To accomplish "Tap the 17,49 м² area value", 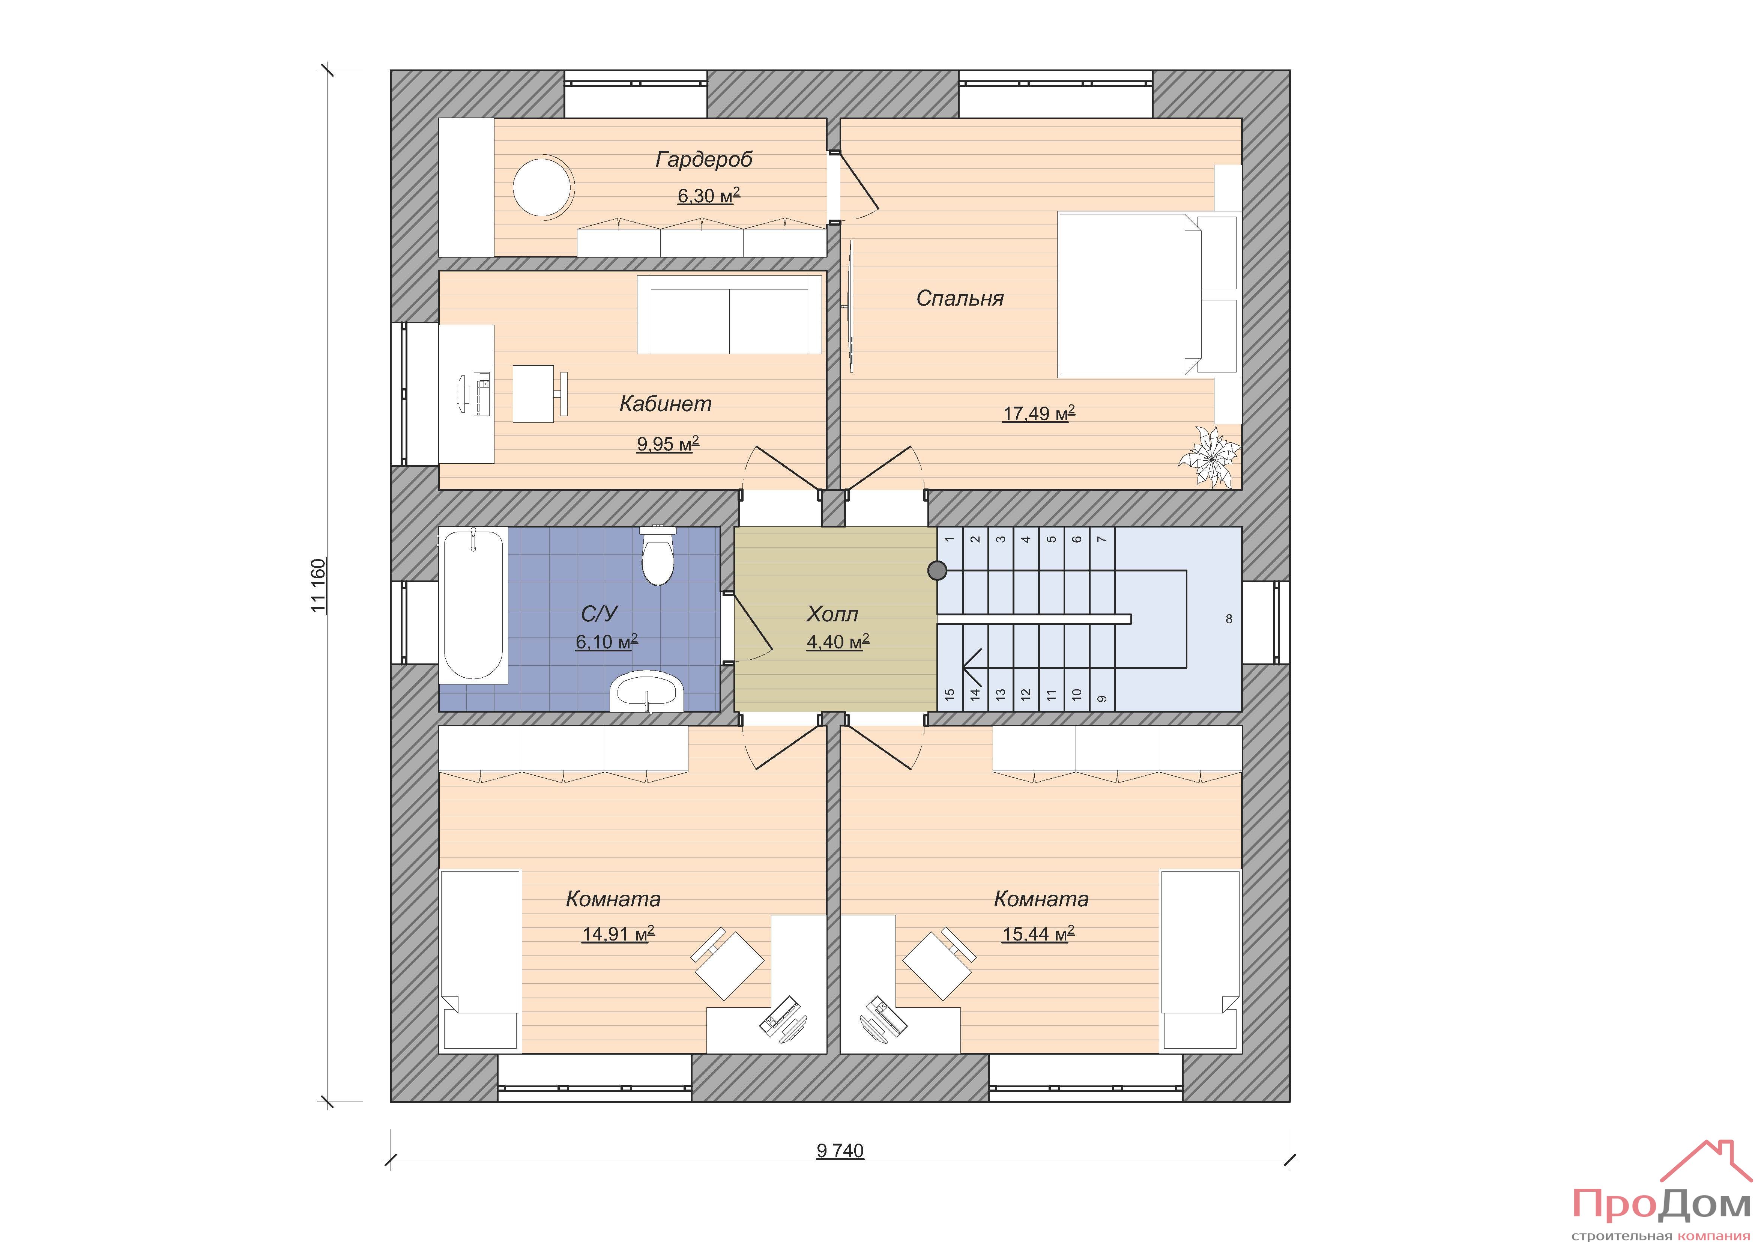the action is (x=1039, y=414).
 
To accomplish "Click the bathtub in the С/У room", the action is (x=473, y=604).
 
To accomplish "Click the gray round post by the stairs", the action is (x=937, y=571).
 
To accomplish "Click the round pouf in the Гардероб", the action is (x=543, y=187).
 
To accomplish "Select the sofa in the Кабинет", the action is (x=729, y=314).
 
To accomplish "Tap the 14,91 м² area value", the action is (x=618, y=934).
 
